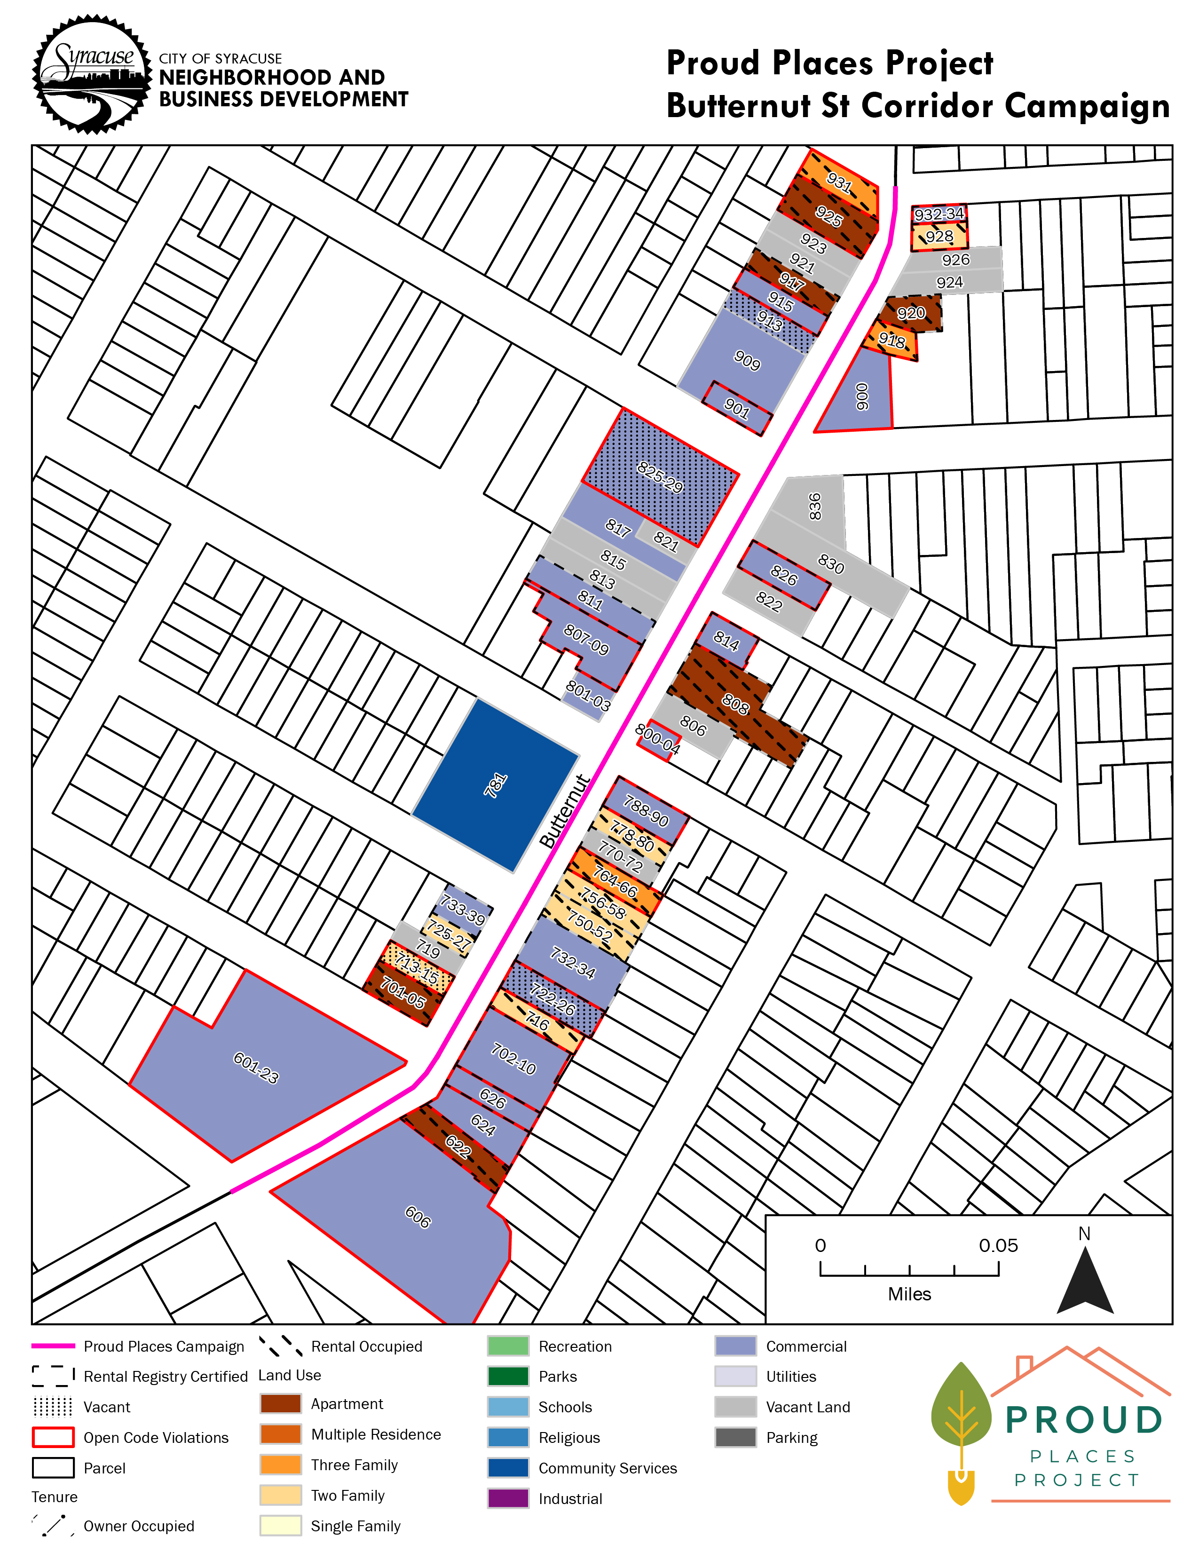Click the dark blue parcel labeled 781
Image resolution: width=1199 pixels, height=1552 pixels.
tap(495, 785)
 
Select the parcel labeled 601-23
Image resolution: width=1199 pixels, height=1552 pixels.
tap(256, 1068)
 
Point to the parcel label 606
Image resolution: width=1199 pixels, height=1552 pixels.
tap(418, 1217)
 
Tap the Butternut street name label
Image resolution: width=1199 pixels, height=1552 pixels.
tap(565, 811)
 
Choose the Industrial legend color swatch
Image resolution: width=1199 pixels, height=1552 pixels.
tap(508, 1498)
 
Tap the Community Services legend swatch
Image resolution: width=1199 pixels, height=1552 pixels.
tap(508, 1467)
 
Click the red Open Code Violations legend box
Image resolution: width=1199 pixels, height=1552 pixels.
tap(53, 1437)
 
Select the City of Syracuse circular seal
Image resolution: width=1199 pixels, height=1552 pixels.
tap(92, 75)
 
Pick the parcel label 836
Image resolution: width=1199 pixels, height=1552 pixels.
tap(815, 506)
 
